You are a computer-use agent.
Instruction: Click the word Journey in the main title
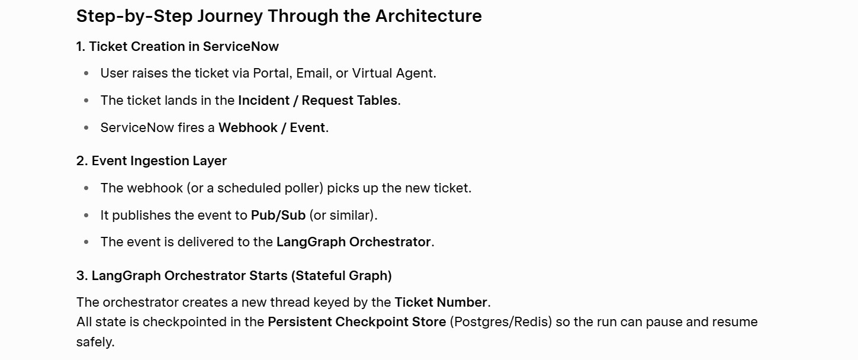pos(230,17)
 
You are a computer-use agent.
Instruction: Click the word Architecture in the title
pos(428,16)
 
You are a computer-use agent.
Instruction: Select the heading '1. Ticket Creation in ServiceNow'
pos(178,46)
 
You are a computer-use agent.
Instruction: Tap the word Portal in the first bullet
pos(271,73)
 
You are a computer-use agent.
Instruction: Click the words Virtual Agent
pos(393,73)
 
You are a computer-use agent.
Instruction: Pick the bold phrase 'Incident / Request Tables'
pos(317,100)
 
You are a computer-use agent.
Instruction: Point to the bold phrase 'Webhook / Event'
pos(272,127)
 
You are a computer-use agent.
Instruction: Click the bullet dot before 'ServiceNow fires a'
pos(86,127)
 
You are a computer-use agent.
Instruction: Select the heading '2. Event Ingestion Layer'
pos(152,161)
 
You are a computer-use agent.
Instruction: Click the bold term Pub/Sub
pos(278,216)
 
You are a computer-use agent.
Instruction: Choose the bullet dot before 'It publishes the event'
pos(86,216)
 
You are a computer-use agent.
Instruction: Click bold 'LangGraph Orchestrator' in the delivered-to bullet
pos(354,242)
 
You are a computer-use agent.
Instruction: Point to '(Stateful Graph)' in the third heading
pos(341,276)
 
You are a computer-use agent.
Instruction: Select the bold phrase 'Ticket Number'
pos(441,303)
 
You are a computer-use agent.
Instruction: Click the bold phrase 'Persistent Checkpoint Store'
pos(357,322)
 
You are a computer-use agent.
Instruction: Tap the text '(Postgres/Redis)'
pos(500,322)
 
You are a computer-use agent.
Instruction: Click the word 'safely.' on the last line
pos(95,342)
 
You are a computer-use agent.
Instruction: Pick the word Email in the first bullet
pos(313,73)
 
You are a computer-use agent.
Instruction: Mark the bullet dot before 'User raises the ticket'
pos(86,73)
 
